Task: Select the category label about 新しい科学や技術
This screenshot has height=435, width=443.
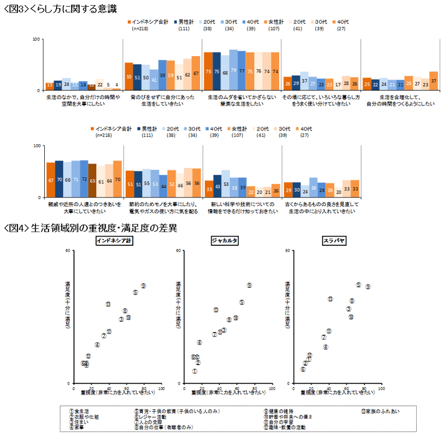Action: point(242,207)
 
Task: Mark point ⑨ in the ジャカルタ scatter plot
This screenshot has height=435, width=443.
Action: point(249,285)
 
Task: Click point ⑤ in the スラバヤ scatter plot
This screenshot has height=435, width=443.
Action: point(358,285)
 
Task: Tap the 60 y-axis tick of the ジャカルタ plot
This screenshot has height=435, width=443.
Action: point(179,251)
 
